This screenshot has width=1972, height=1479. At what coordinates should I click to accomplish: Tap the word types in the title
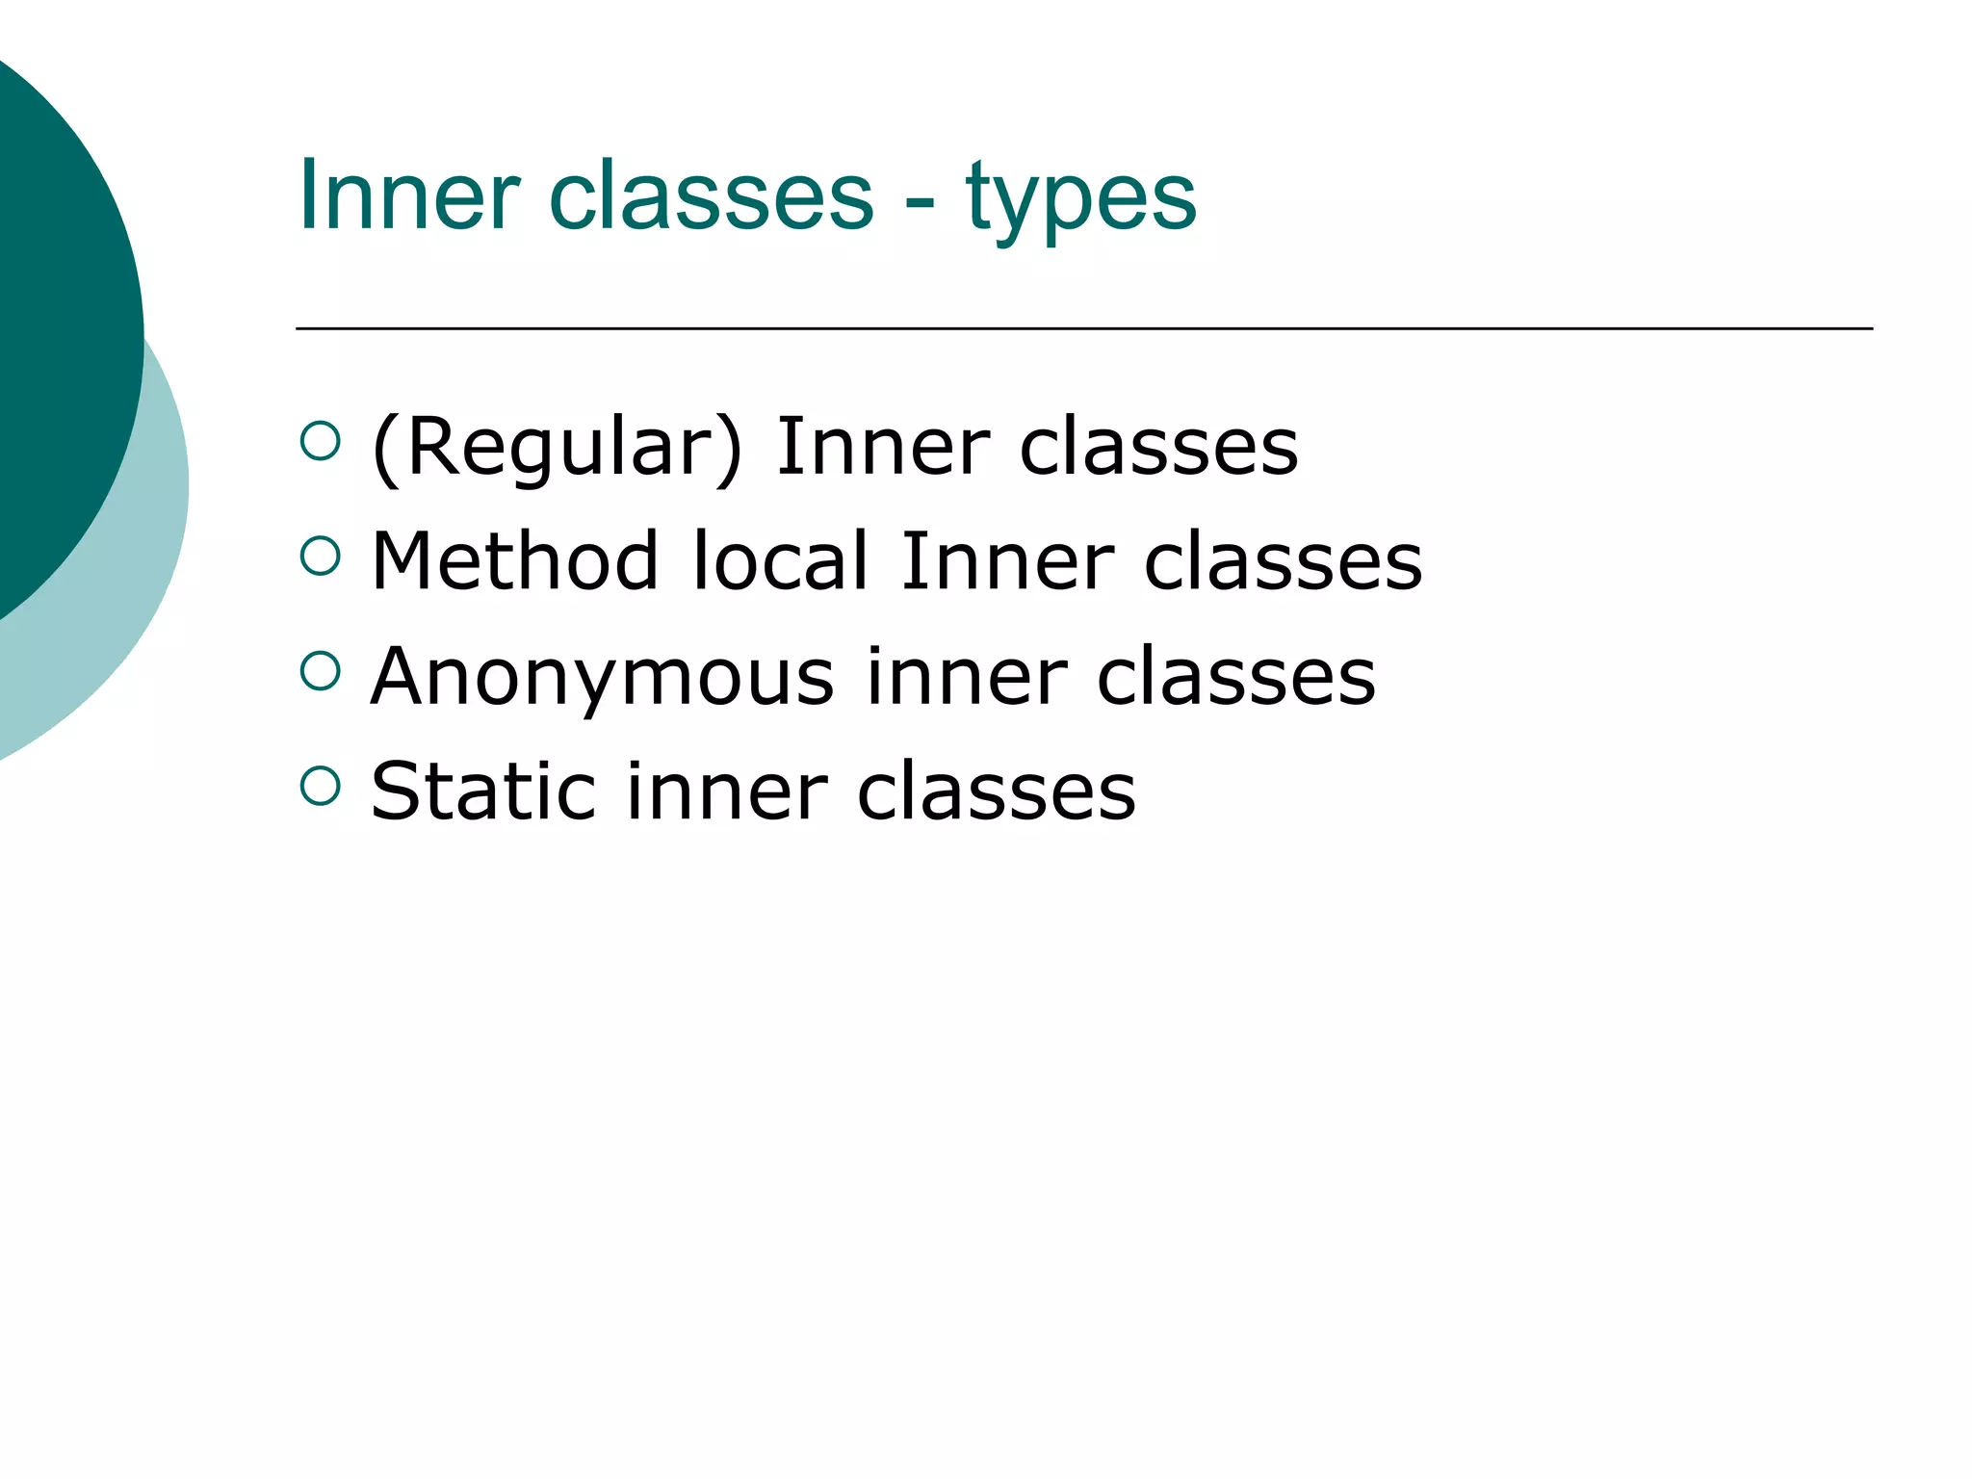point(1080,198)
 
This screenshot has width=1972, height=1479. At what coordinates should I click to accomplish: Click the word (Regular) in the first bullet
point(558,448)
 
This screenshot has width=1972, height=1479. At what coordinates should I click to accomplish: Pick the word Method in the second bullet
point(514,561)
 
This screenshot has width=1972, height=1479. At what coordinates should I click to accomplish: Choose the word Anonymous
point(602,677)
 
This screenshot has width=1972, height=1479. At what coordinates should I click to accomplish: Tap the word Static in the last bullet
point(482,791)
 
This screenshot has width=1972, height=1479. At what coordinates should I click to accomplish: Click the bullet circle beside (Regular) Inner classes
point(321,442)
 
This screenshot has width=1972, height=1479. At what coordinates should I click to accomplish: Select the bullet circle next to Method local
point(321,556)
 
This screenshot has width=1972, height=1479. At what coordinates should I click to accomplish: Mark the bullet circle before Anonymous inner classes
point(321,671)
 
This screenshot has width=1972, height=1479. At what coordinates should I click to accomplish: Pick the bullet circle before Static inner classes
point(321,786)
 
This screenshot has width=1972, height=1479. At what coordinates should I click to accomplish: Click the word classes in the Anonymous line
point(1236,677)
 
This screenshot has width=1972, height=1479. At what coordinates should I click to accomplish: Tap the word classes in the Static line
point(997,791)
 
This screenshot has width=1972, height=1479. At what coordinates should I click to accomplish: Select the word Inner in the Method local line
point(1006,561)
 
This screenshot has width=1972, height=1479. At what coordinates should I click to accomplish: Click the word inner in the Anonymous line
point(966,677)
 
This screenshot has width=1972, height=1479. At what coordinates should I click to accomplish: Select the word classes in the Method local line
point(1283,561)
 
